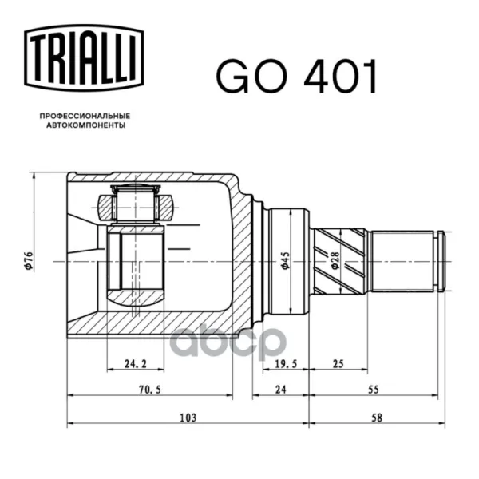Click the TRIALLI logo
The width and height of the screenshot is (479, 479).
[x=84, y=58]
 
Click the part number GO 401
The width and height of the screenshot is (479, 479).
[x=297, y=77]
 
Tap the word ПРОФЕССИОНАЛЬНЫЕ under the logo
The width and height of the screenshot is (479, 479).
[x=85, y=116]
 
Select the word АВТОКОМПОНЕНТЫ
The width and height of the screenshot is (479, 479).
[x=86, y=125]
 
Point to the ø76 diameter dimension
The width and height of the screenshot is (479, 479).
[x=29, y=260]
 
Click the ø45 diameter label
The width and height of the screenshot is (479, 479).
[x=285, y=260]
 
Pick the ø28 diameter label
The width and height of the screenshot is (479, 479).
[x=335, y=260]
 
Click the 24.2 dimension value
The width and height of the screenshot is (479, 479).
[x=136, y=363]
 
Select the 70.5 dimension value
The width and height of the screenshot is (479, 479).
[x=150, y=390]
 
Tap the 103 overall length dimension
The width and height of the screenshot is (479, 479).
[x=188, y=418]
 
